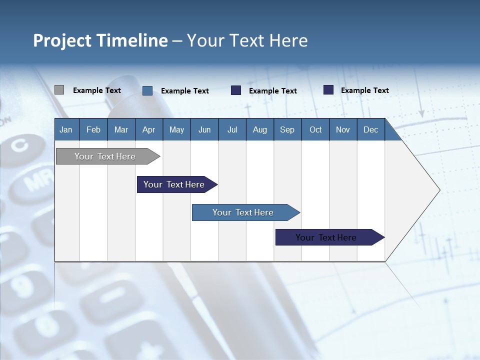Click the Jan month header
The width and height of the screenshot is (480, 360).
[x=66, y=129]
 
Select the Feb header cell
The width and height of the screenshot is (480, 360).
[x=93, y=129]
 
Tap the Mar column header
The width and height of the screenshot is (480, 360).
[x=121, y=129]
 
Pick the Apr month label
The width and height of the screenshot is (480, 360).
[x=148, y=129]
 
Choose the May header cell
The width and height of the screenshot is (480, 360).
[x=176, y=129]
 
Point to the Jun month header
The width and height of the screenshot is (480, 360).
[x=204, y=129]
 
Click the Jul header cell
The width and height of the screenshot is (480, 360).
[x=232, y=129]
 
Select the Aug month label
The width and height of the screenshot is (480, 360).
[x=259, y=129]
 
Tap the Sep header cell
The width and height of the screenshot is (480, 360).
[x=287, y=129]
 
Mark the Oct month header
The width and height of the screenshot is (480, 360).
[x=315, y=129]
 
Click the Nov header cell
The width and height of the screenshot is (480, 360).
[x=343, y=129]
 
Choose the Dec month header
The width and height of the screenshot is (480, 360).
[x=370, y=129]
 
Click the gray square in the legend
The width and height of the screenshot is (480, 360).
[x=59, y=90]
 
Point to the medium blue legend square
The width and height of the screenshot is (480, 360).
[x=147, y=90]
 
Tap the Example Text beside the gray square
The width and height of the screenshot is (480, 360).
[x=97, y=90]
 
